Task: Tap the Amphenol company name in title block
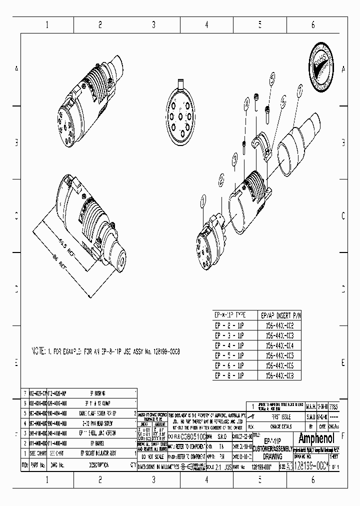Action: coord(319,439)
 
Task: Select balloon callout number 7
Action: coord(300,90)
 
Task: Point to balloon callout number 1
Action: coord(203,201)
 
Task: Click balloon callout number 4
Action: coord(246,105)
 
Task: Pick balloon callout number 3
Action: coord(235,159)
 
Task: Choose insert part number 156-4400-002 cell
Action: coord(281,324)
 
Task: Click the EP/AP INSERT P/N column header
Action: coord(281,315)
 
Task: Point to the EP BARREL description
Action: coord(97,443)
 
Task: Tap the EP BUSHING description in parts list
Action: coord(97,393)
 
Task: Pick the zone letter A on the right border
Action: coord(342,68)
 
